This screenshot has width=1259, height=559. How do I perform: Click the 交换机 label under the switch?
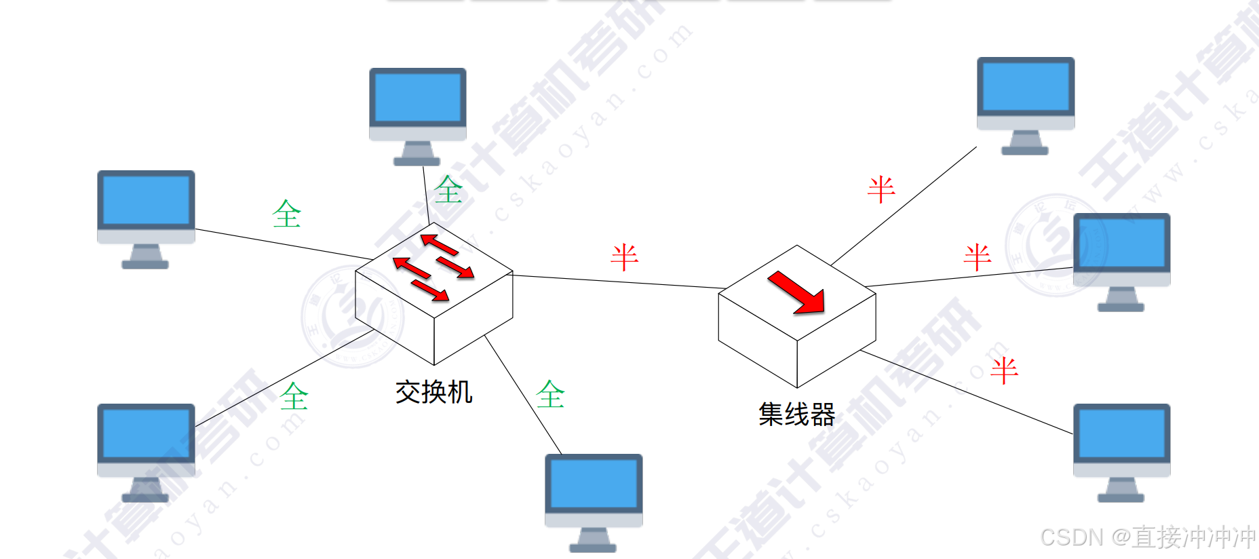(x=433, y=392)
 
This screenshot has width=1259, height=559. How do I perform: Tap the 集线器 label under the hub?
(x=796, y=414)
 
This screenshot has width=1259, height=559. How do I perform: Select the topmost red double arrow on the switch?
(x=440, y=244)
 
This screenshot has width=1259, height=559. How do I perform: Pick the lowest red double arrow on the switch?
(x=429, y=290)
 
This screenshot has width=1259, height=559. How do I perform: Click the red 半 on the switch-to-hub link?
(x=624, y=257)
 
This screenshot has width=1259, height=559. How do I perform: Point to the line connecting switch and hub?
(x=617, y=282)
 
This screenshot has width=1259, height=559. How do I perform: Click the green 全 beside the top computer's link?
(x=448, y=189)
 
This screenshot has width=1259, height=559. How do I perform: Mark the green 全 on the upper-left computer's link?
(x=286, y=214)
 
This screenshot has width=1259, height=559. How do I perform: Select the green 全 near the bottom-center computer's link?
(x=550, y=394)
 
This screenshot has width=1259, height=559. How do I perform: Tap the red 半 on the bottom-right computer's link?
(x=1004, y=370)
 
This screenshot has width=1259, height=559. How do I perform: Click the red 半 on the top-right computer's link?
(x=881, y=189)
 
